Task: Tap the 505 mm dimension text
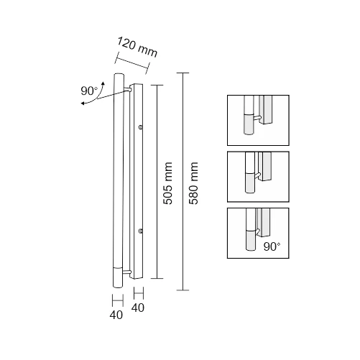(167, 183)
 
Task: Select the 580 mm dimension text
(193, 183)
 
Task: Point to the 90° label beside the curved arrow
(89, 91)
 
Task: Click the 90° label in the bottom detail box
(272, 246)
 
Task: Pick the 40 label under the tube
(116, 315)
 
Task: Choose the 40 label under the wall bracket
(138, 308)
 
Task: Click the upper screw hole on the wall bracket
(141, 126)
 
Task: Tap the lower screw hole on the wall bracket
(141, 231)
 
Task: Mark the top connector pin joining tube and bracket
(127, 90)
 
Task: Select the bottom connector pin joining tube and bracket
(127, 272)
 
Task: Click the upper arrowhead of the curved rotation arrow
(103, 83)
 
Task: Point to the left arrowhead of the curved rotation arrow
(83, 103)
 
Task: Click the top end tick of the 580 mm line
(183, 73)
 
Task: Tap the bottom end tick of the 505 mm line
(157, 278)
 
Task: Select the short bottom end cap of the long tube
(118, 277)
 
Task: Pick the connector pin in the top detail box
(257, 117)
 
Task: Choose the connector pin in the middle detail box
(257, 175)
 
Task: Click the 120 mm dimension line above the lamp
(132, 63)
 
